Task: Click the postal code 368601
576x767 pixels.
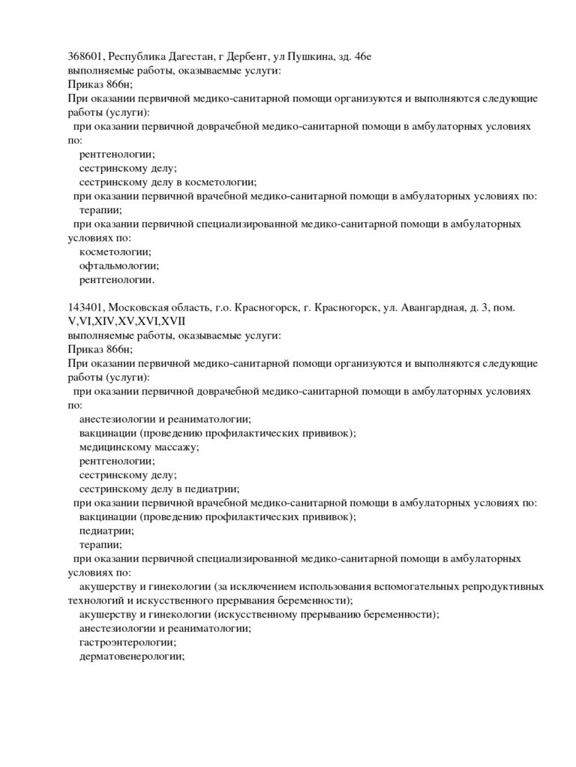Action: pyautogui.click(x=85, y=57)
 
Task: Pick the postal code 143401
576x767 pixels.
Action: pyautogui.click(x=85, y=308)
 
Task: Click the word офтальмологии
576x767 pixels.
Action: pyautogui.click(x=118, y=266)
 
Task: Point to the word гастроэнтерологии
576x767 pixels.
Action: pyautogui.click(x=127, y=642)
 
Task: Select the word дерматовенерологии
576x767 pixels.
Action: pyautogui.click(x=131, y=656)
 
